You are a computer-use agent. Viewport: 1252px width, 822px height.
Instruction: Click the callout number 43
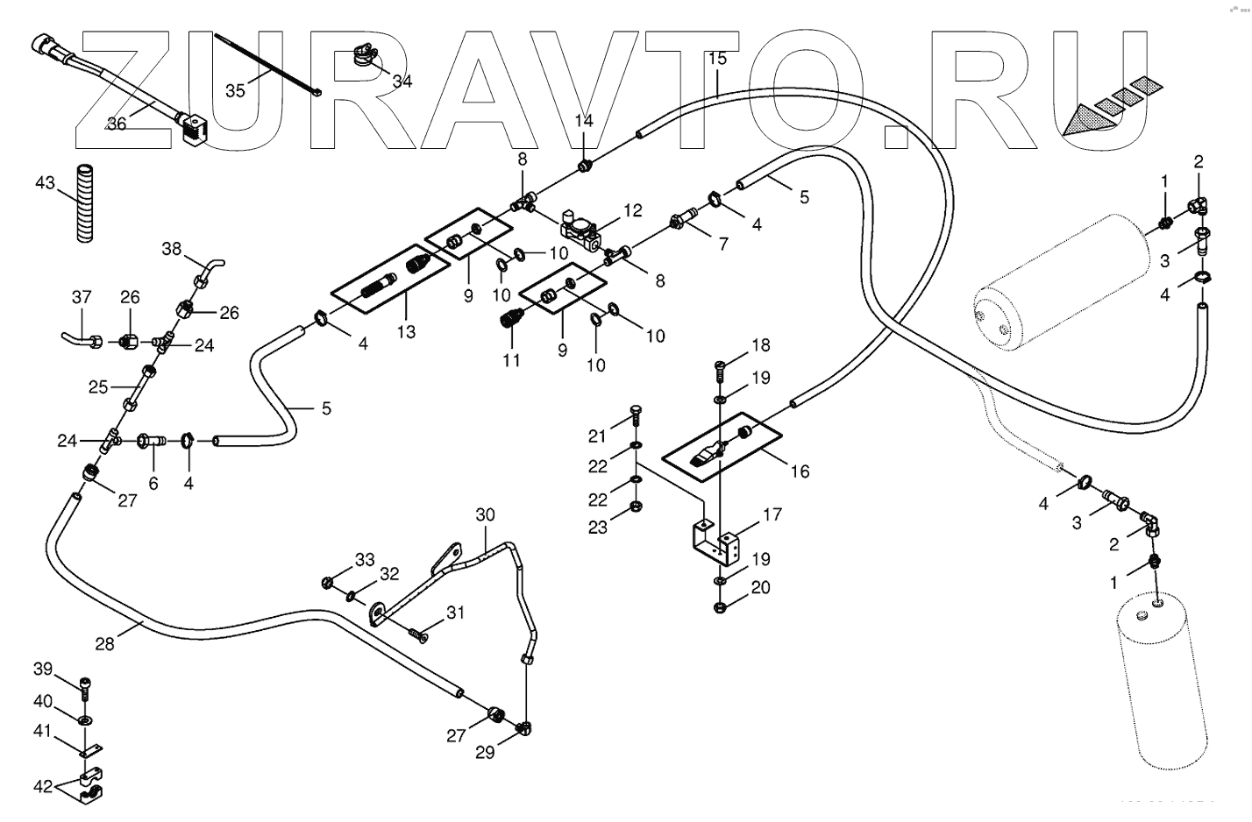(45, 183)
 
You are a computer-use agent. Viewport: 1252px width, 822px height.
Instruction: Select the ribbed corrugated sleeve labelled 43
(85, 202)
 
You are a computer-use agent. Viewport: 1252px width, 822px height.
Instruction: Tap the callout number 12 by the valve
(633, 210)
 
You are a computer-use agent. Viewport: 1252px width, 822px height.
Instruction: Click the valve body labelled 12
(584, 230)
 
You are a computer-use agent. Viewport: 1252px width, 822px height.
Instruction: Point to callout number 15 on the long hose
(717, 60)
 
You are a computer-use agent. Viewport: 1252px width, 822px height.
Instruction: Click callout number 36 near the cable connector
(117, 124)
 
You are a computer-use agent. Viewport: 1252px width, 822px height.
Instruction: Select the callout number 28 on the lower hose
(104, 644)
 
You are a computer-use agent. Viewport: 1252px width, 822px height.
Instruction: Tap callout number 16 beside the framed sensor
(800, 471)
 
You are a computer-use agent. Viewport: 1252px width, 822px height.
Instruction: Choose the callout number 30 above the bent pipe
(486, 514)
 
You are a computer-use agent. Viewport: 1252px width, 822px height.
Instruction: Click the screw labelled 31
(417, 634)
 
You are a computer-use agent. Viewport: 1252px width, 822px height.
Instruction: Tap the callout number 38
(171, 249)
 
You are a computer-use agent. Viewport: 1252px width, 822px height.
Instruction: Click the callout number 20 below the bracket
(760, 587)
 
